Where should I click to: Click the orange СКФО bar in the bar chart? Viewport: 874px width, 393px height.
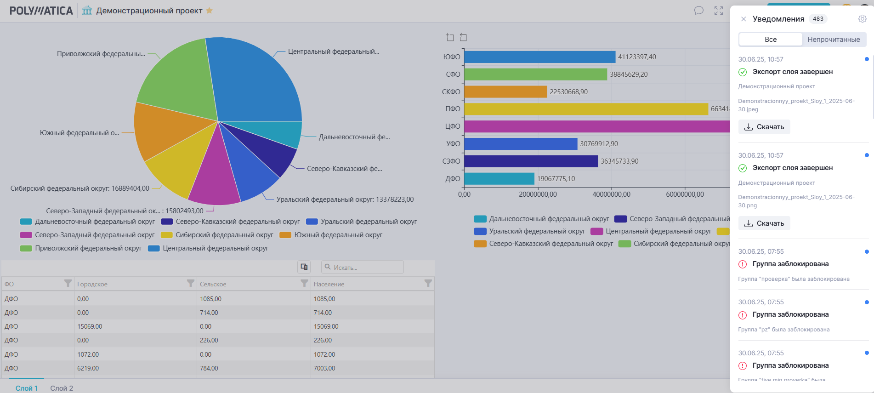[505, 92]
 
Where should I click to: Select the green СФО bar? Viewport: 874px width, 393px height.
[535, 74]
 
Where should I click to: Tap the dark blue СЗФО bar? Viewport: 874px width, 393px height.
[531, 161]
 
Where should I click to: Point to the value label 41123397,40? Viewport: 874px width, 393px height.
[637, 57]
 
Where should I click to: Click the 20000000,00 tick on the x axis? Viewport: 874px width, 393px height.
[538, 194]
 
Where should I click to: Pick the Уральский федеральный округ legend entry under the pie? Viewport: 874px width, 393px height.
[362, 222]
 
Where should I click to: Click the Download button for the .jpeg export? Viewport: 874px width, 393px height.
[764, 127]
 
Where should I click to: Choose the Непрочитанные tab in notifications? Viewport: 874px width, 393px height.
[834, 40]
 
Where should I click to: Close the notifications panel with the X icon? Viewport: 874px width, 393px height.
[743, 19]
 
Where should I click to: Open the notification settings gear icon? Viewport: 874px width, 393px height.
[863, 19]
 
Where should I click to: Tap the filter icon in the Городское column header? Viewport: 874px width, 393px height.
[191, 283]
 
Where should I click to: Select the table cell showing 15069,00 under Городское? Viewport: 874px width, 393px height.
[90, 326]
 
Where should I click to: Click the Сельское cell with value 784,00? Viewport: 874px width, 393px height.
[209, 368]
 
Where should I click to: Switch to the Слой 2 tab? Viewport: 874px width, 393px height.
[62, 388]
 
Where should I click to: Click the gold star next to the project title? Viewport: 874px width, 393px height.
[209, 11]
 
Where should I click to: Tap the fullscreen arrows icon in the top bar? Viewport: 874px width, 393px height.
[719, 11]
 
